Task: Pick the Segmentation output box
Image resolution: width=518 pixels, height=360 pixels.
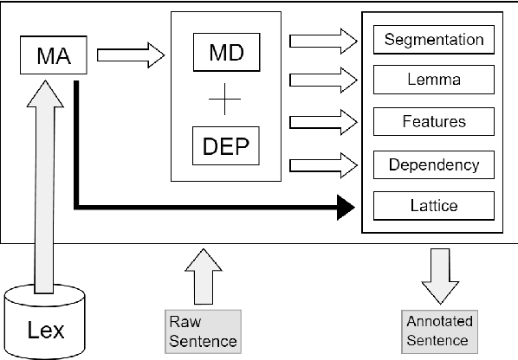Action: pos(433,40)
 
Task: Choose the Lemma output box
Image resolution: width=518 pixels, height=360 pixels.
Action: pos(433,80)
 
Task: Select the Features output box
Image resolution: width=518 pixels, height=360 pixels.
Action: pos(433,122)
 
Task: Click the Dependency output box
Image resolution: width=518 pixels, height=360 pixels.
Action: pos(433,164)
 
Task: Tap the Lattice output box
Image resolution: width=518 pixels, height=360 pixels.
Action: pos(433,205)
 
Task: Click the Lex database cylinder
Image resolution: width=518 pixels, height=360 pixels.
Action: pos(47,325)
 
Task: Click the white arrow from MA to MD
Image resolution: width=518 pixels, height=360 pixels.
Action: pos(129,56)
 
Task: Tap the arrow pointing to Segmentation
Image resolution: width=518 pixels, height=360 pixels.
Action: pos(324,40)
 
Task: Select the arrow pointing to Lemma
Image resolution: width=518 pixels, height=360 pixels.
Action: pos(324,80)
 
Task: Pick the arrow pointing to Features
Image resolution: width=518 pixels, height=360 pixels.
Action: pos(324,122)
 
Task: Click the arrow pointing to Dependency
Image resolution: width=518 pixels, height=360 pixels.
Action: pos(324,163)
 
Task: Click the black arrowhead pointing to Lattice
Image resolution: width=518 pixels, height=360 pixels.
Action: pos(345,206)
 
